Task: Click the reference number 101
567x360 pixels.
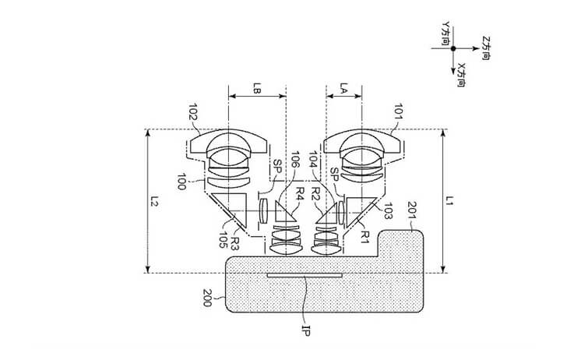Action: coord(398,111)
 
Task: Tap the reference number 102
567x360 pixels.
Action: coord(193,111)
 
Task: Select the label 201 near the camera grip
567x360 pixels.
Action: coord(412,210)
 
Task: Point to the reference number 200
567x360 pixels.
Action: coord(207,298)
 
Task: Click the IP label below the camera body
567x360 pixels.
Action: coord(306,330)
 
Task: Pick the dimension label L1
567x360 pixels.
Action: coord(449,200)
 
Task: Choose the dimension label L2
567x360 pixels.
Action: coord(154,201)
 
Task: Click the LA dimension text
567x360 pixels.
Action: coord(344,88)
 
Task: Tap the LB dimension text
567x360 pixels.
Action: coord(257,88)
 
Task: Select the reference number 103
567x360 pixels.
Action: coord(387,211)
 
